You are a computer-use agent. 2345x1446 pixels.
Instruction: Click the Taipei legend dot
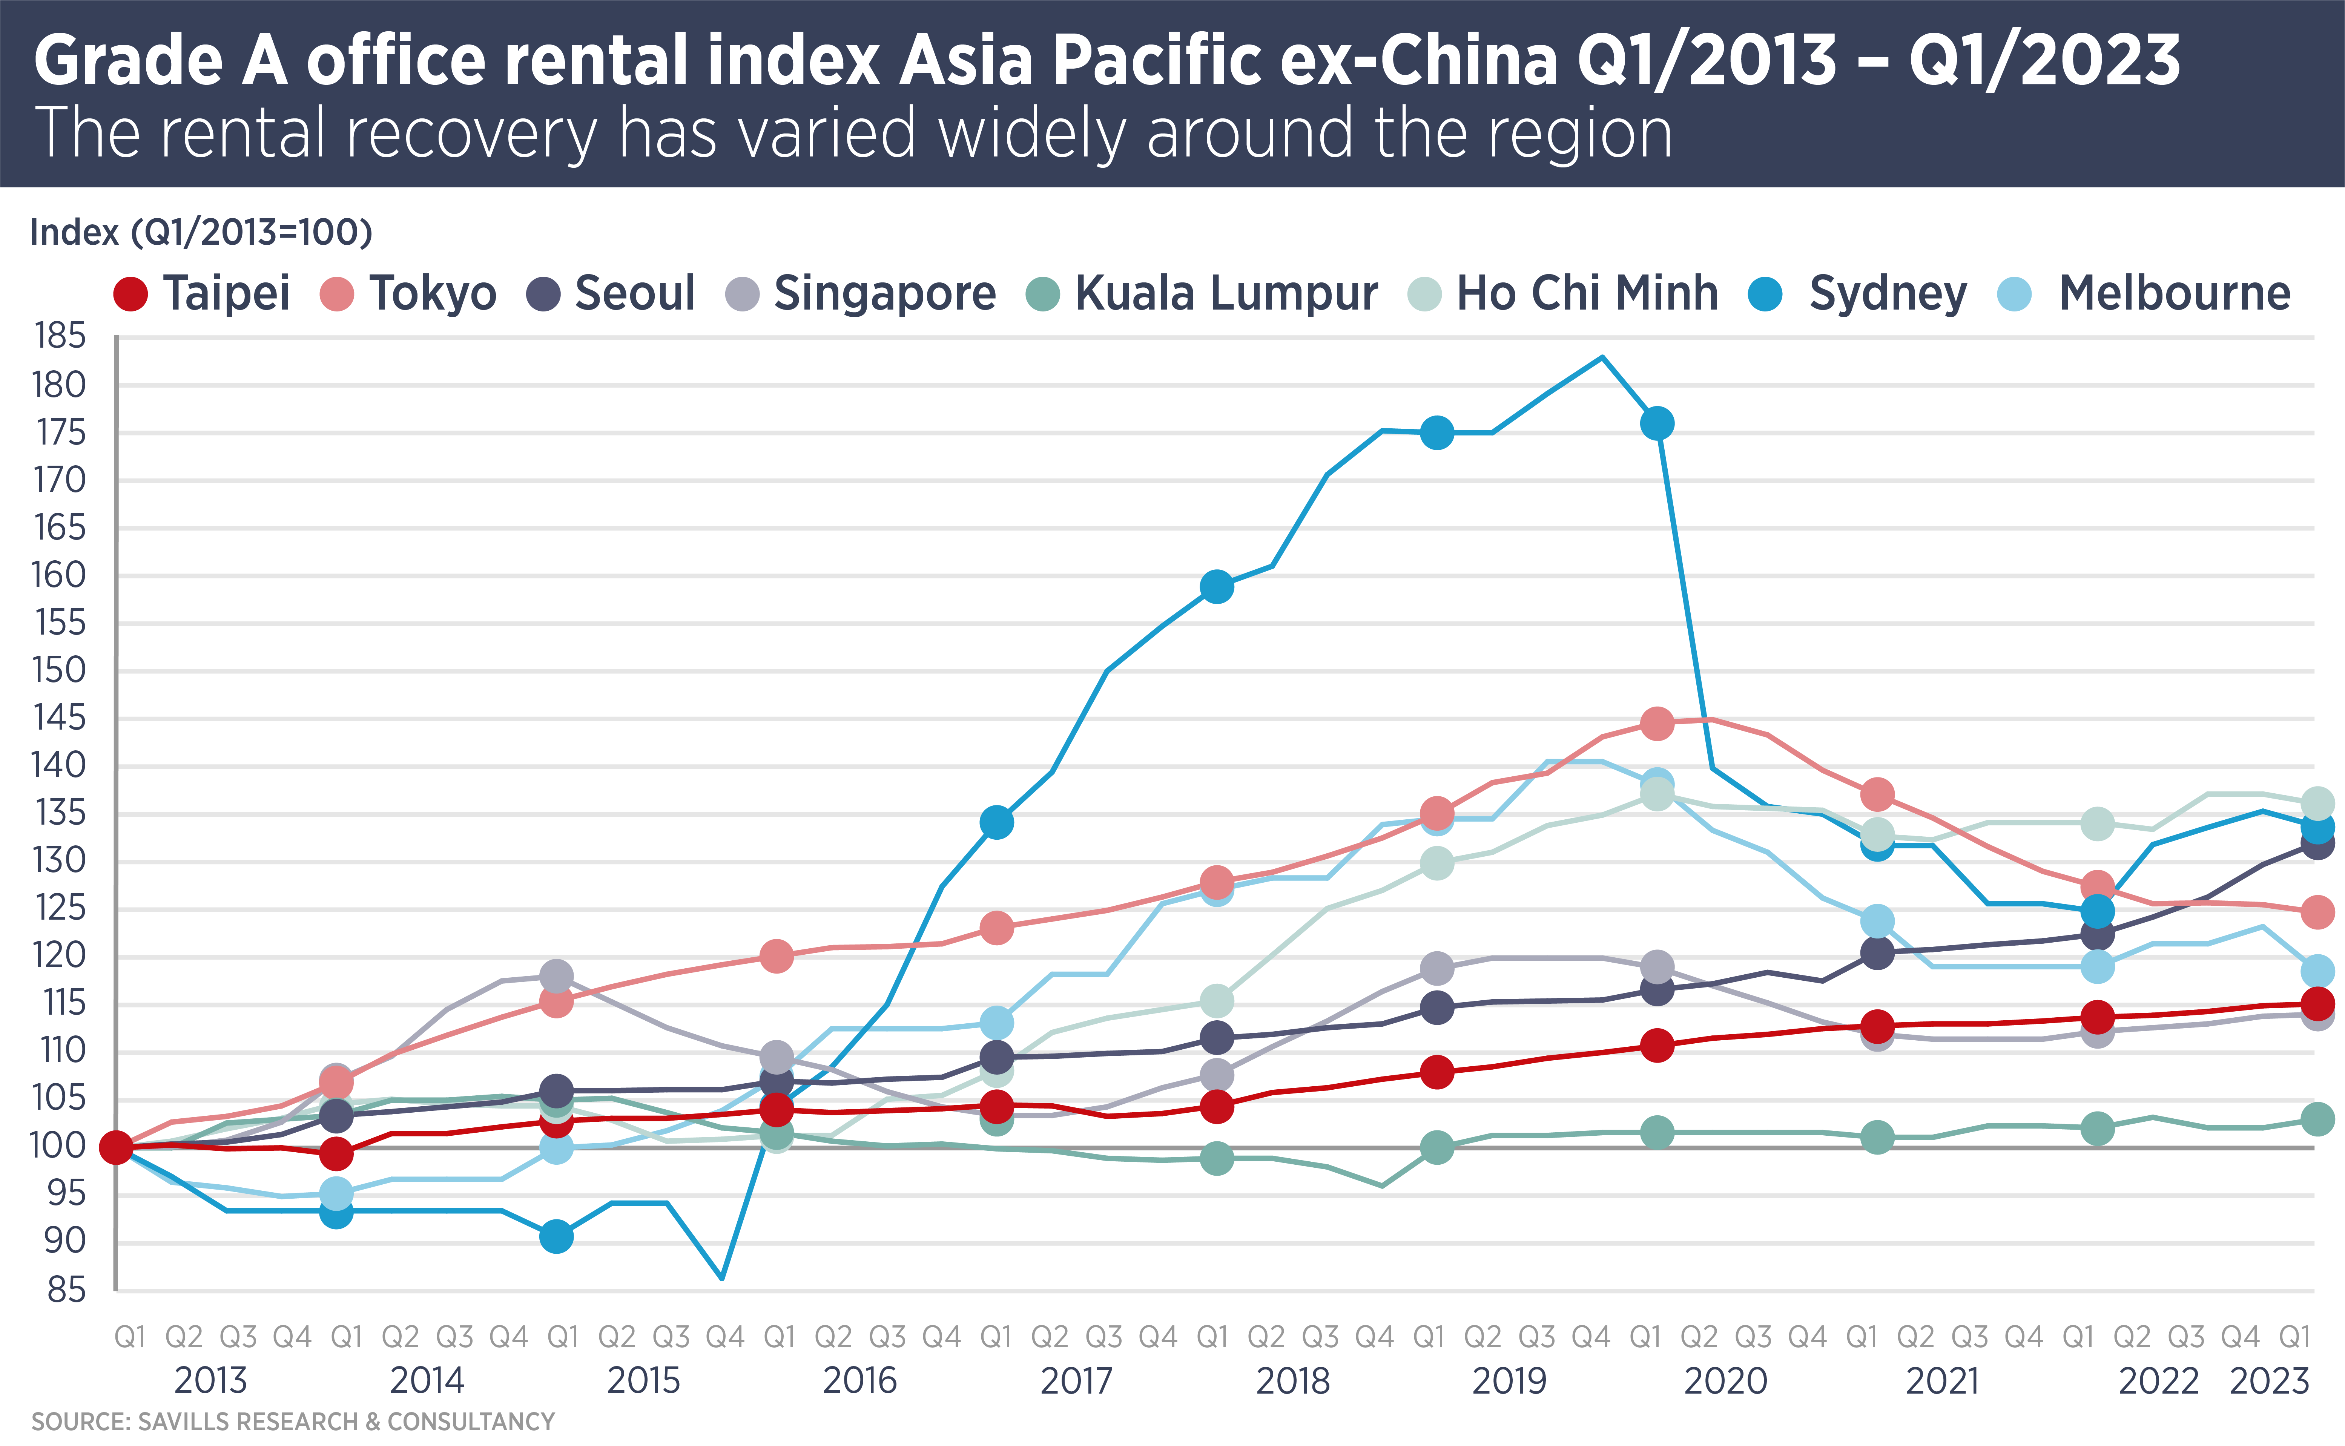point(130,294)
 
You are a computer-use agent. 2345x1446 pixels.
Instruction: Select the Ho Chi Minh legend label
point(1587,294)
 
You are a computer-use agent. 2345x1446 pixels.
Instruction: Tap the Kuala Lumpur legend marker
point(1042,294)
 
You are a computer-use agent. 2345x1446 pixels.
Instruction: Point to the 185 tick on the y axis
point(59,337)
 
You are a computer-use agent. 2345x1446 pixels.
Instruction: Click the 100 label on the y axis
point(59,1146)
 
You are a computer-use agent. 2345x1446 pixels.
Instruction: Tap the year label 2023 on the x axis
point(2268,1381)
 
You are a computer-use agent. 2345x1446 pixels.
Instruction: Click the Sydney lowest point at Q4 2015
point(722,1279)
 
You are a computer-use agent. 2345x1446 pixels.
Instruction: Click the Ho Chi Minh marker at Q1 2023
point(2316,802)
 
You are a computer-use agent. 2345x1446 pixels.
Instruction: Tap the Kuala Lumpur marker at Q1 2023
point(2316,1118)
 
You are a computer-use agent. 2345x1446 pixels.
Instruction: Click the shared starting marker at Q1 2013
point(117,1147)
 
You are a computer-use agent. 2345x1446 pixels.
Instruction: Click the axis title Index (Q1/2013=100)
point(201,232)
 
